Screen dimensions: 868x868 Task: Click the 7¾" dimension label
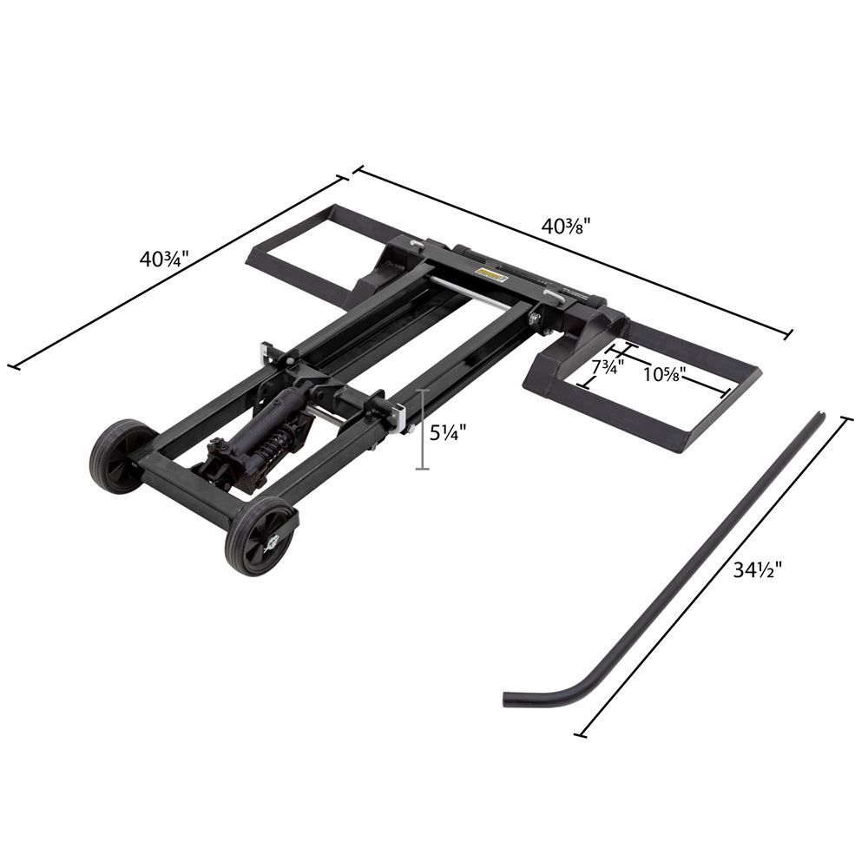point(608,367)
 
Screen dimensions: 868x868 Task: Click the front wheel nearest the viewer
point(258,536)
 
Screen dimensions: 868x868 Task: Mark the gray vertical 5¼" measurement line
point(423,430)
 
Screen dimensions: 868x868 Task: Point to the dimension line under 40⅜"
point(573,251)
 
